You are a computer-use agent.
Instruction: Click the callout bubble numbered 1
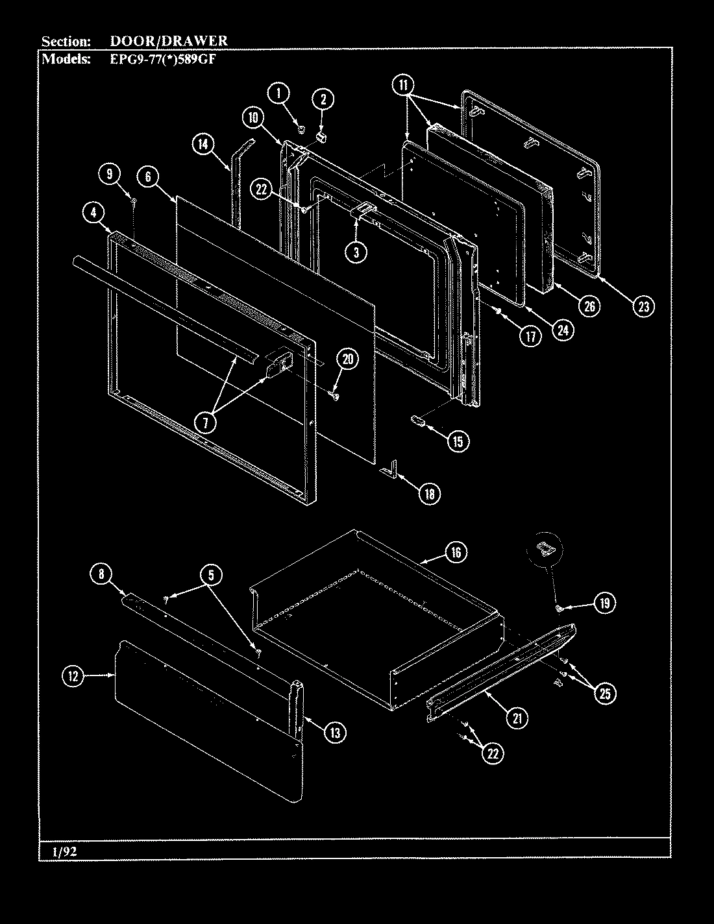tap(279, 93)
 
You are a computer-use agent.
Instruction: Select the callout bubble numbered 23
tap(643, 306)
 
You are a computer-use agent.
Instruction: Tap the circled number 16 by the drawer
tap(456, 552)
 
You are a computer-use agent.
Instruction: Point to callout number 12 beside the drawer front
tap(73, 676)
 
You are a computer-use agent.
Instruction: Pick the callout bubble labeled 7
tap(206, 422)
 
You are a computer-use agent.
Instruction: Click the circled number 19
tap(604, 603)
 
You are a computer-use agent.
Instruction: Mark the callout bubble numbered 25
tap(604, 693)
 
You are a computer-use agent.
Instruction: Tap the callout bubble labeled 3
tap(356, 252)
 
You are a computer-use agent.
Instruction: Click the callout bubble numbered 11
tap(403, 84)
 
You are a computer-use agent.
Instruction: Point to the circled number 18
tap(429, 494)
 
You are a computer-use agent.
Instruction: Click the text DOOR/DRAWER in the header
tap(168, 41)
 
